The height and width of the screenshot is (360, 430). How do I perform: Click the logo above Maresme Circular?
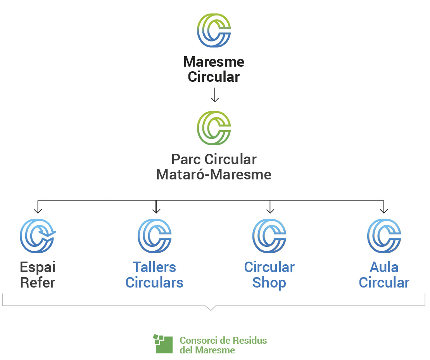[214, 31]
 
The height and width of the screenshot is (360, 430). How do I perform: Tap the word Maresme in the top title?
[214, 62]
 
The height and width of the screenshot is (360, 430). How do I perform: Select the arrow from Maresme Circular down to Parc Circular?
[215, 95]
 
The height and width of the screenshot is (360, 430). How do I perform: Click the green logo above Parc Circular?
[214, 128]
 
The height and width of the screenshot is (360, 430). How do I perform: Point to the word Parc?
[187, 159]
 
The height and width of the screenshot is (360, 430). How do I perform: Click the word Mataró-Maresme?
[214, 174]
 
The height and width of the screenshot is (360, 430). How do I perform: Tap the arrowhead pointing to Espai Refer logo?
[38, 210]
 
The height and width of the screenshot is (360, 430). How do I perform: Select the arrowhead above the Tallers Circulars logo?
[156, 210]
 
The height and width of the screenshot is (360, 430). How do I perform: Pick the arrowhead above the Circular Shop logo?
[270, 210]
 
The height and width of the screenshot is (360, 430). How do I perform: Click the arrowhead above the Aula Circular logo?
[384, 210]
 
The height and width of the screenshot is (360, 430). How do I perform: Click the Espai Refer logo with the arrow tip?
[37, 236]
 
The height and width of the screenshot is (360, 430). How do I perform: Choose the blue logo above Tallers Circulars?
[155, 236]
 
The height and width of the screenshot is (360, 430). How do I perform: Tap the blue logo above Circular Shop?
[269, 236]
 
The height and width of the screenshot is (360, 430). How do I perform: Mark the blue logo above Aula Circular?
[384, 236]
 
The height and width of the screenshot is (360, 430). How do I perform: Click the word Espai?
[38, 267]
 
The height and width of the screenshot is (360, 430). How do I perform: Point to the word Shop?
[269, 282]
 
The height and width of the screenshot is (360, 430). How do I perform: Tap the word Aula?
[384, 267]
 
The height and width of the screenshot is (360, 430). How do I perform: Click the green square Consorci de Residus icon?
[163, 344]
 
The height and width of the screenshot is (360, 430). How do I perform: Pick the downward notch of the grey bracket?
[211, 308]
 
